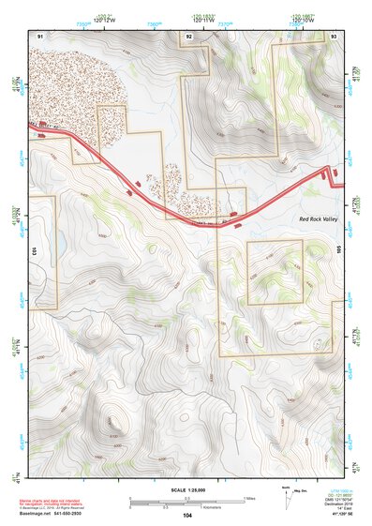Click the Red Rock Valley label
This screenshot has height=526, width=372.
pos(319,218)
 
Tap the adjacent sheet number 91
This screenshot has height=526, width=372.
pos(40,35)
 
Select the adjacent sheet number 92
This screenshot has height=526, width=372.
pos(188,36)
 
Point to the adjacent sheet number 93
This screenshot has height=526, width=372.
pos(335,35)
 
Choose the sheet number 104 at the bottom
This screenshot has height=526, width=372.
pos(187,515)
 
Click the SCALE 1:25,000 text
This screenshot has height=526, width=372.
pos(186,489)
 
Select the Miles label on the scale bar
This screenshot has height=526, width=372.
pos(248,498)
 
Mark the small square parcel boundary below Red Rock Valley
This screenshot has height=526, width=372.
pos(275,272)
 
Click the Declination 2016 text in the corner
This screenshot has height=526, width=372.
pos(340,503)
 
